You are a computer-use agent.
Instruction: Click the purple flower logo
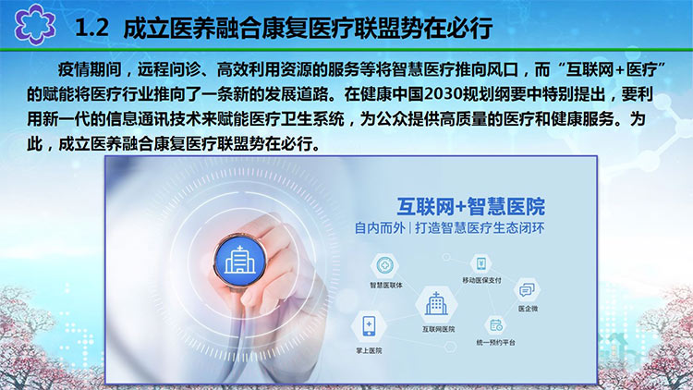(x=35, y=24)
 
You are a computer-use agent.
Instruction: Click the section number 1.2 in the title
(x=91, y=29)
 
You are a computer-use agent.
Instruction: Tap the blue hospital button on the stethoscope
(x=240, y=259)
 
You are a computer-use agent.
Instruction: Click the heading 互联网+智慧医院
(x=470, y=206)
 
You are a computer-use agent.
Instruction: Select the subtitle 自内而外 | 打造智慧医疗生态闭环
(x=449, y=228)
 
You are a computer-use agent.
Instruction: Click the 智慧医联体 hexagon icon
(x=384, y=265)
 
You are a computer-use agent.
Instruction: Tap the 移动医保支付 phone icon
(x=481, y=264)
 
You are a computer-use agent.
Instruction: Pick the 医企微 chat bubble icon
(x=527, y=290)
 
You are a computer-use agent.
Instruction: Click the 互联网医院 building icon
(x=436, y=305)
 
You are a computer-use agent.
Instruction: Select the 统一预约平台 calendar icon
(x=496, y=326)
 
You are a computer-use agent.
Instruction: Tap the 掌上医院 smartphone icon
(x=369, y=326)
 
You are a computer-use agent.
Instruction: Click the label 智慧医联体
(x=386, y=286)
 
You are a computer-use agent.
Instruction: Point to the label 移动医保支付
(x=481, y=280)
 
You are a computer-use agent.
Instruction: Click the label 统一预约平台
(x=496, y=342)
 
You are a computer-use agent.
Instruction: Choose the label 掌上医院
(x=369, y=350)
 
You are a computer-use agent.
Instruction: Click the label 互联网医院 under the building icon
(x=438, y=329)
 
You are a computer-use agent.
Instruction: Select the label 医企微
(x=529, y=309)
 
